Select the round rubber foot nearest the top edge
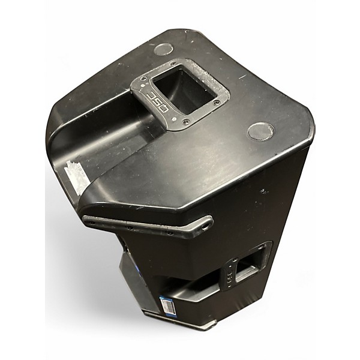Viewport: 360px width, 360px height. [x=163, y=50]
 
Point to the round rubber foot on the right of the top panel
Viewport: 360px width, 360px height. [x=261, y=130]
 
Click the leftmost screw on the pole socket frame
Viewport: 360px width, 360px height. [x=143, y=78]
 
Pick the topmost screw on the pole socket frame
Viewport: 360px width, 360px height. [x=173, y=64]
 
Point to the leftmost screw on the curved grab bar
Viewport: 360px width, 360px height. [x=91, y=221]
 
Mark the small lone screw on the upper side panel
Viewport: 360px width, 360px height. [x=262, y=191]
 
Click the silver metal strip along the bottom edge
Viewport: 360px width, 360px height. [x=180, y=322]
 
